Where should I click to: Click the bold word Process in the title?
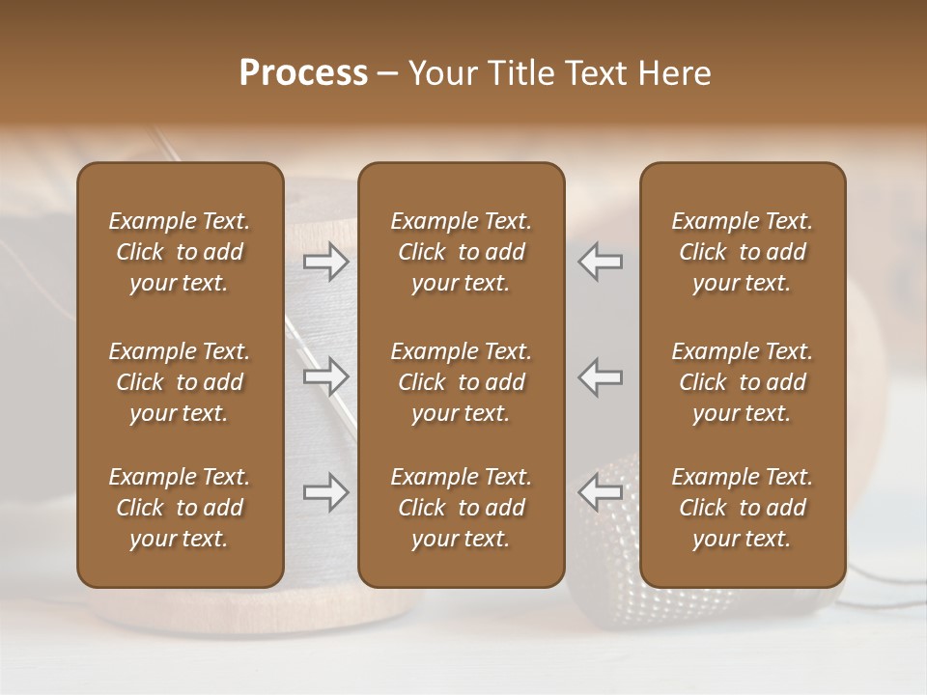[303, 73]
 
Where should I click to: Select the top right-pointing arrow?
[326, 262]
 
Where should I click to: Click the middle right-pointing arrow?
[326, 376]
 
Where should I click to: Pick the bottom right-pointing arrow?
[326, 492]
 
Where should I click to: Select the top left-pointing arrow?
[601, 262]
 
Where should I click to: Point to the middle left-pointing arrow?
[601, 376]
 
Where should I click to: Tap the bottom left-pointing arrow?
[601, 492]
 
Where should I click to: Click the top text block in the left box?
[180, 252]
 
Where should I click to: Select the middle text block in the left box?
[180, 382]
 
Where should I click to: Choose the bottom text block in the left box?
[180, 508]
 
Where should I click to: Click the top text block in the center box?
[461, 252]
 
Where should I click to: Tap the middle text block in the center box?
[461, 382]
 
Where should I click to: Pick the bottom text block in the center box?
[461, 508]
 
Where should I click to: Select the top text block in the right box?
[742, 252]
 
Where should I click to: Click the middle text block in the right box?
[742, 382]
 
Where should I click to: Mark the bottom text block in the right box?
[742, 508]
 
